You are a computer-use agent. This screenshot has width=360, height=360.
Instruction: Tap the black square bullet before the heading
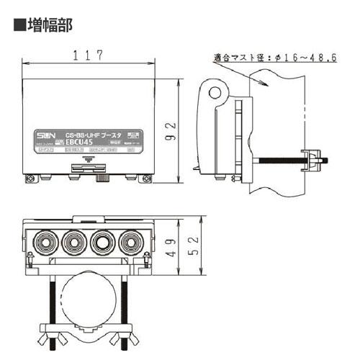[19, 27]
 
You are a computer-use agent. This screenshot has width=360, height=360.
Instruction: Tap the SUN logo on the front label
[45, 138]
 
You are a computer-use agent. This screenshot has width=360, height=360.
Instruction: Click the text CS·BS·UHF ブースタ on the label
[88, 135]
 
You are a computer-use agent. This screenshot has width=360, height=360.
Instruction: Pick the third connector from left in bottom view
[101, 241]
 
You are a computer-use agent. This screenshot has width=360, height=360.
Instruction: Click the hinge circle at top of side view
[215, 91]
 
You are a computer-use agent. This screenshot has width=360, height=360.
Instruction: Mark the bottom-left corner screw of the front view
[30, 179]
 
